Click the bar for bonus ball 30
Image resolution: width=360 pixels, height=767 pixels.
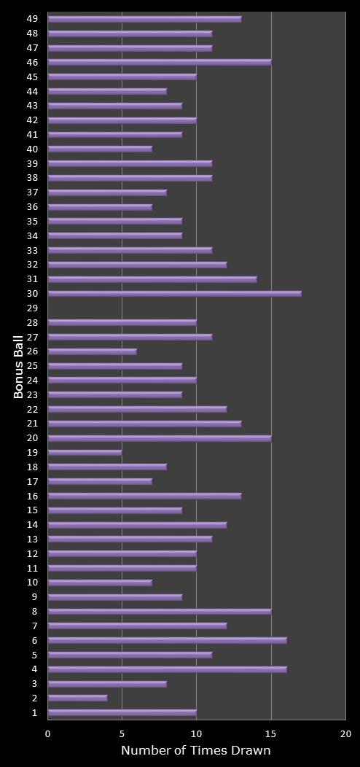[175, 294]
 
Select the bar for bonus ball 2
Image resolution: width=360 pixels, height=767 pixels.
[78, 698]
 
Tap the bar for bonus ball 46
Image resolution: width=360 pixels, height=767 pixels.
[160, 63]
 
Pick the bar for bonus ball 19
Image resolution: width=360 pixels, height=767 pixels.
[85, 453]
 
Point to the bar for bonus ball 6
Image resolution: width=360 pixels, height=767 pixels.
[168, 641]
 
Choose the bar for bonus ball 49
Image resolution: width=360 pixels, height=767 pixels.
[145, 19]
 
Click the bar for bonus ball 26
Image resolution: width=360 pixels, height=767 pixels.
[93, 351]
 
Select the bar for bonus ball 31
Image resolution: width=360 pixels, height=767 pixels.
[152, 279]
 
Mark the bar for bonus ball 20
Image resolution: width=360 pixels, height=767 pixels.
[160, 438]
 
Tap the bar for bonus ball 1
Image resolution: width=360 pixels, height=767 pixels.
[122, 713]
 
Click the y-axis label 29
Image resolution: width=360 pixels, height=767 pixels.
[32, 308]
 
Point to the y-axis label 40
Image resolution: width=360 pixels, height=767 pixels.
[32, 149]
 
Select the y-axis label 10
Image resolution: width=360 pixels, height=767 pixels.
[32, 583]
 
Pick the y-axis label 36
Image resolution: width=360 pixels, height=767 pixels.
[32, 207]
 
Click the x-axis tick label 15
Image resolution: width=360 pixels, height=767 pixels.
[271, 734]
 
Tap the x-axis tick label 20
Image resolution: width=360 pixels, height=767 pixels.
[345, 734]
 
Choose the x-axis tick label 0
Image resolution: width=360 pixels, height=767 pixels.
[48, 734]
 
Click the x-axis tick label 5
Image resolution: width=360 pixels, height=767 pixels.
[122, 734]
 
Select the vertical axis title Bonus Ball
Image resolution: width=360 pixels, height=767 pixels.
[19, 366]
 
